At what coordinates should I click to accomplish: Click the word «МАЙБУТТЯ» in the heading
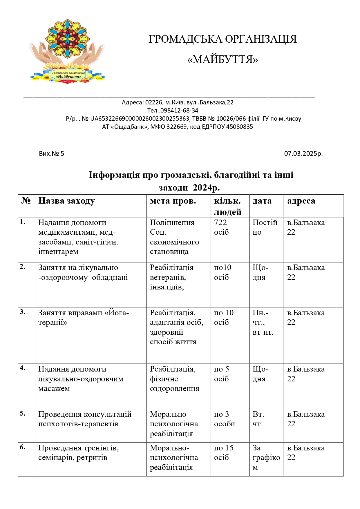click(222, 59)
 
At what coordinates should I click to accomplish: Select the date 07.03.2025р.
click(303, 153)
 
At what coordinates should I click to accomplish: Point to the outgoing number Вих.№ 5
click(52, 153)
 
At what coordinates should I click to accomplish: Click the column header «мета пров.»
click(173, 201)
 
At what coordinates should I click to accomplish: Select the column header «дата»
click(262, 201)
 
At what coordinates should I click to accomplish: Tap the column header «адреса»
click(301, 201)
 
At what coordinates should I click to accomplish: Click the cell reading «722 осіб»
click(221, 227)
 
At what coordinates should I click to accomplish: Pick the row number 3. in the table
click(23, 312)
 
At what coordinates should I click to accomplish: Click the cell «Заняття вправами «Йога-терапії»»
click(84, 318)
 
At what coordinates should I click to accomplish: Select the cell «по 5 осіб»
click(221, 374)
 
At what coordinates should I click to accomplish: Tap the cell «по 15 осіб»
click(223, 452)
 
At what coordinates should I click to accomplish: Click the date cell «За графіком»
click(266, 457)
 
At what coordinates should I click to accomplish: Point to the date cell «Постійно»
click(265, 227)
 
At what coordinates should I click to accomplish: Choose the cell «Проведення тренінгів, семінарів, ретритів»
click(78, 453)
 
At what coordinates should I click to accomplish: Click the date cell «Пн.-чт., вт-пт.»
click(263, 322)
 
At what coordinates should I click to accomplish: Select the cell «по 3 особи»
click(224, 419)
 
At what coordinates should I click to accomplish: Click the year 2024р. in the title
click(206, 188)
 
